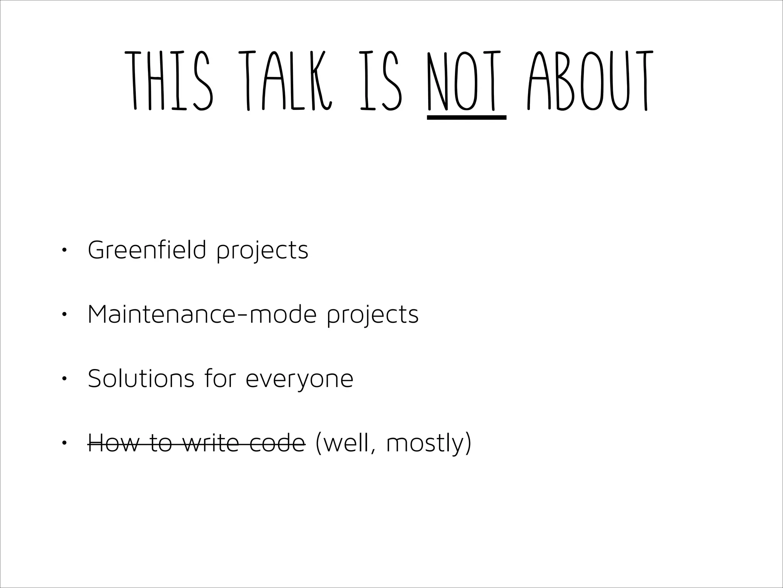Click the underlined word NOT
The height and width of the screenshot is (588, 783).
466,80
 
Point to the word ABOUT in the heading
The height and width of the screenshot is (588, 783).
588,80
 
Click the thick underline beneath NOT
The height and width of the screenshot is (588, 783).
466,117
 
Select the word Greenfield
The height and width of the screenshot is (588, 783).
147,250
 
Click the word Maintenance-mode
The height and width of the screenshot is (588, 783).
202,314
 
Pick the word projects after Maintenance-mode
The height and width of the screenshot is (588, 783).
373,316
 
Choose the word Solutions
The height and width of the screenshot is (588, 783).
141,379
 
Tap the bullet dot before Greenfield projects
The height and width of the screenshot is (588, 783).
64,250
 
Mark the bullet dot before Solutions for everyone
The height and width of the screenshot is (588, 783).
64,379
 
